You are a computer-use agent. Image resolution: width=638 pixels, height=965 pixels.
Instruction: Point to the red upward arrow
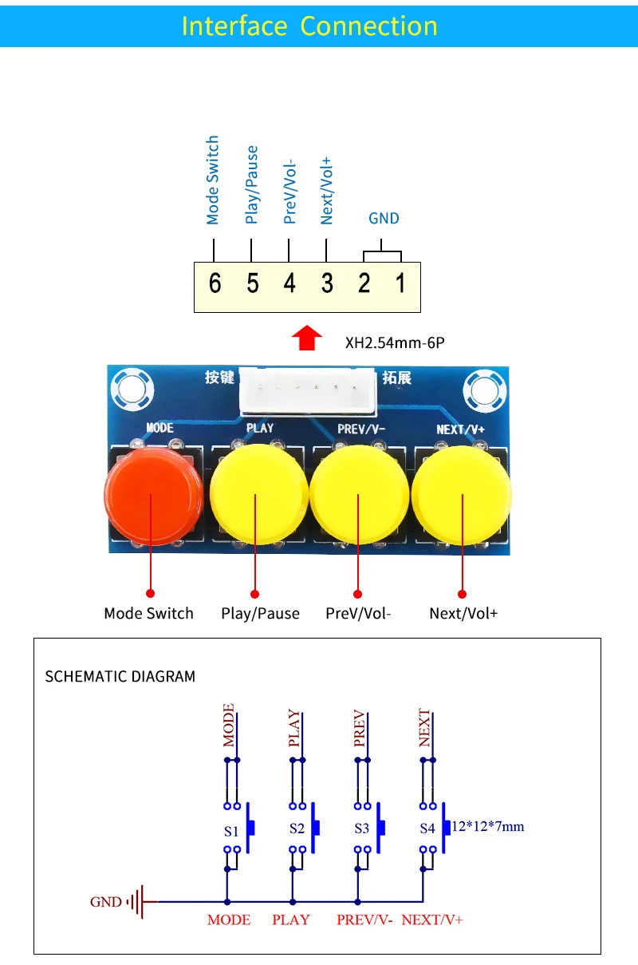(307, 338)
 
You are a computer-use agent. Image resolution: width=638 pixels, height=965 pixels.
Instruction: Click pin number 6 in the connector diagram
(215, 283)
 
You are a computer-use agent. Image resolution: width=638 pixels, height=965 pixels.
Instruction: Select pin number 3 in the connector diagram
(327, 283)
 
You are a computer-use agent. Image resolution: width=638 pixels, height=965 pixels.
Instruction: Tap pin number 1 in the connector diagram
(401, 283)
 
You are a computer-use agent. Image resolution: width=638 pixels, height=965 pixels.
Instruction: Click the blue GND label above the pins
(384, 219)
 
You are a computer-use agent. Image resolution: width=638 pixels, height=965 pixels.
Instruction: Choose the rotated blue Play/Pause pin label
(252, 184)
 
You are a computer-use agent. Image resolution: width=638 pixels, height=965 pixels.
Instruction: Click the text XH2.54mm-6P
(394, 344)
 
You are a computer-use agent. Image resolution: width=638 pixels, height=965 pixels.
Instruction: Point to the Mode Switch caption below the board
(148, 614)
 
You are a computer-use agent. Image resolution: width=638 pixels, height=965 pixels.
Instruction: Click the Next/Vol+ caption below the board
(463, 614)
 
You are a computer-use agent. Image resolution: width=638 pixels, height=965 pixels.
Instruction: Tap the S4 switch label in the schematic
(427, 829)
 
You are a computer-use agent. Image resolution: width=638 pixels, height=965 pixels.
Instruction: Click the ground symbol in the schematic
(140, 902)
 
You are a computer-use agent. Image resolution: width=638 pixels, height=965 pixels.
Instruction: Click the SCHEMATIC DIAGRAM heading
(120, 677)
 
